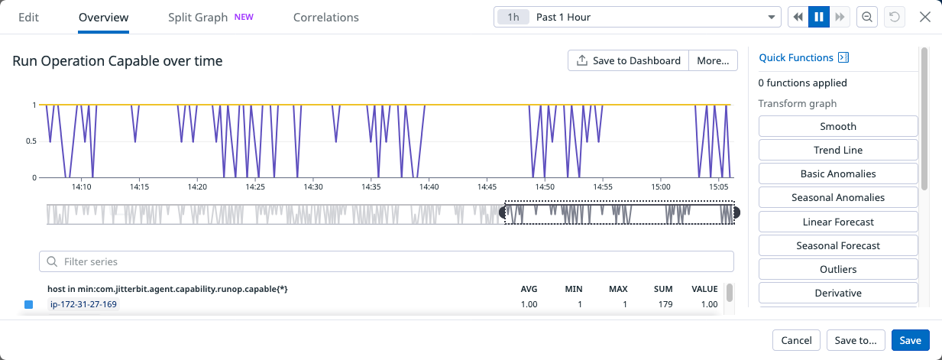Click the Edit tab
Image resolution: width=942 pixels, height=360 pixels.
pyautogui.click(x=28, y=17)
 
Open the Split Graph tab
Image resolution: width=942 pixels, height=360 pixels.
pyautogui.click(x=198, y=17)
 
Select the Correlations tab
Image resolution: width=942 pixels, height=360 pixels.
pyautogui.click(x=325, y=17)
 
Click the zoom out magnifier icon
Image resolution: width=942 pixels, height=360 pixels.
pyautogui.click(x=866, y=17)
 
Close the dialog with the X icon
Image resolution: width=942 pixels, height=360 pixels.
pyautogui.click(x=924, y=17)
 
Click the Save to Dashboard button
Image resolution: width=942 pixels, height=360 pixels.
pyautogui.click(x=628, y=60)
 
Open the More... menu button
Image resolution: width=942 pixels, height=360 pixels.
pyautogui.click(x=713, y=60)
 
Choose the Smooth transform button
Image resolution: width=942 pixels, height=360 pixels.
pyautogui.click(x=837, y=126)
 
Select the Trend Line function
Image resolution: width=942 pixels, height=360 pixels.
pyautogui.click(x=837, y=150)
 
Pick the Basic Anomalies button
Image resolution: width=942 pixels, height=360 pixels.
pyautogui.click(x=837, y=174)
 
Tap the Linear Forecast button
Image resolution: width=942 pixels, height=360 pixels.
pyautogui.click(x=837, y=222)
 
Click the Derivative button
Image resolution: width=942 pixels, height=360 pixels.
pyautogui.click(x=837, y=293)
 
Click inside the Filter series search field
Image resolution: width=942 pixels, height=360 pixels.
pyautogui.click(x=386, y=261)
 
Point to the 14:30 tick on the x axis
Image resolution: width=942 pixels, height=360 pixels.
pyautogui.click(x=313, y=186)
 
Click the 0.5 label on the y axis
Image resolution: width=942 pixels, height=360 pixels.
pyautogui.click(x=31, y=141)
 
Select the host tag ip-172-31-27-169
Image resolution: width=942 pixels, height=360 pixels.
pyautogui.click(x=84, y=304)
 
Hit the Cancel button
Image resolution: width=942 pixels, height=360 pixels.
pyautogui.click(x=796, y=340)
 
